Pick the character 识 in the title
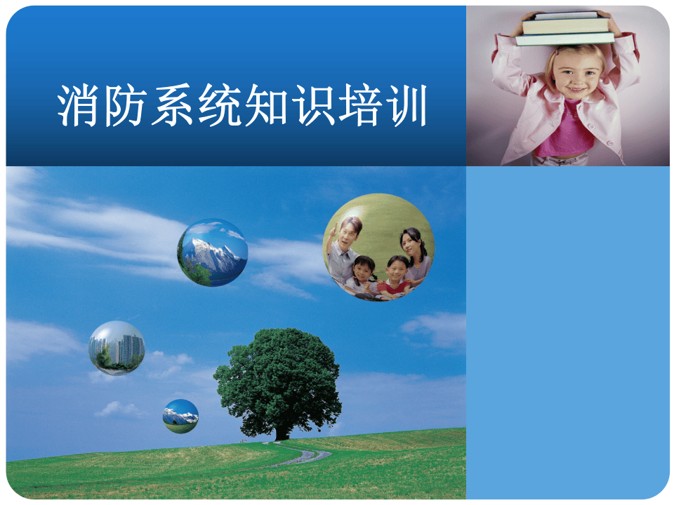pyautogui.click(x=312, y=107)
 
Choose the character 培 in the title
pyautogui.click(x=359, y=107)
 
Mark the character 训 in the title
pyautogui.click(x=405, y=107)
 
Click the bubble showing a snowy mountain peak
pyautogui.click(x=212, y=252)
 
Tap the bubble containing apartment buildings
pyautogui.click(x=117, y=348)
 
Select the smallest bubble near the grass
pyautogui.click(x=180, y=416)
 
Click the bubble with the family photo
pyautogui.click(x=378, y=247)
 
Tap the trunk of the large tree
pyautogui.click(x=282, y=429)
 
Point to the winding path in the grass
pyautogui.click(x=306, y=457)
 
